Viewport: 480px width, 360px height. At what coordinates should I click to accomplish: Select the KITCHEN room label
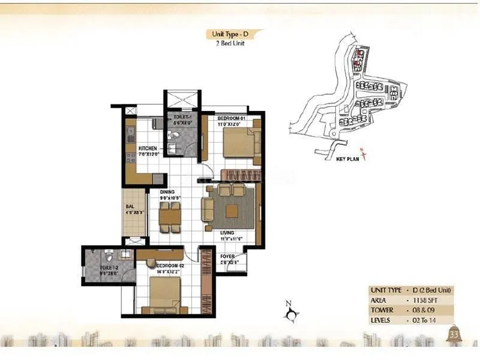pos(148,148)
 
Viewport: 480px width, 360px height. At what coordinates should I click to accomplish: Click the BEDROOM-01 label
pos(232,118)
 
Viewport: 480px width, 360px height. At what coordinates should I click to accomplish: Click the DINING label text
pos(167,192)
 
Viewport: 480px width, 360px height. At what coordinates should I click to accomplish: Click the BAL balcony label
pos(129,205)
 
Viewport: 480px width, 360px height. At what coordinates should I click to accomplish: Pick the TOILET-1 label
pos(182,118)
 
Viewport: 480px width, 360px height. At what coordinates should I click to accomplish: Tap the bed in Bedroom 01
pos(238,143)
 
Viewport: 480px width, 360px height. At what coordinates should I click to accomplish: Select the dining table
pos(170,215)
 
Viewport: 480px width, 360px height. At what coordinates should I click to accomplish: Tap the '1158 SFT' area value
pos(425,300)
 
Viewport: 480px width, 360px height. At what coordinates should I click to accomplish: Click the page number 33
pos(454,334)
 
